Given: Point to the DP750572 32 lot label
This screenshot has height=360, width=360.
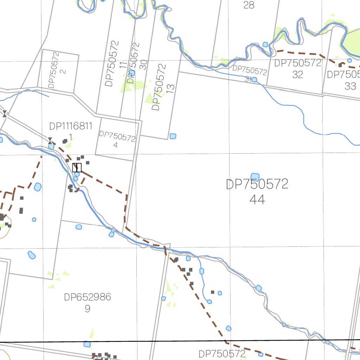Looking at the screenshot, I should [x=298, y=69].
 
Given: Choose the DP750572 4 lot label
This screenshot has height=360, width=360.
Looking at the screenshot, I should [x=117, y=140].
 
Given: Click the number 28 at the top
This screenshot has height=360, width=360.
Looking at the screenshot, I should [x=249, y=5].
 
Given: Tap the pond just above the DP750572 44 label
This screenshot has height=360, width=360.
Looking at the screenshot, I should [x=255, y=177].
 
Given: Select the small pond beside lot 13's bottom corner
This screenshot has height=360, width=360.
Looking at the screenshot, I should [x=173, y=136].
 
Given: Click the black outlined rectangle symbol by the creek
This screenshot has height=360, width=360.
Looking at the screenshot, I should [x=77, y=168].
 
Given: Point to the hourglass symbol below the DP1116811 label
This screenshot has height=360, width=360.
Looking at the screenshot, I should [x=50, y=141].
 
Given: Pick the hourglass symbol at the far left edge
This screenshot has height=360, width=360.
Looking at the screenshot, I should [x=5, y=114].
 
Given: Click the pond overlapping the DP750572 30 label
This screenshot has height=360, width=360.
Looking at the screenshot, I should [x=131, y=73].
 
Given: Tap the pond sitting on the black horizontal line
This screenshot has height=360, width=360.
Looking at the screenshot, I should [x=87, y=344].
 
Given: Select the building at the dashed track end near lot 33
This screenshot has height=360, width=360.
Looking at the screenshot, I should [x=340, y=65].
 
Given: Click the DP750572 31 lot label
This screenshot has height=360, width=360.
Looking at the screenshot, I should [x=250, y=73].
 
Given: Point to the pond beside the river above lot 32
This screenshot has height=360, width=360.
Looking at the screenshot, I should [x=265, y=44].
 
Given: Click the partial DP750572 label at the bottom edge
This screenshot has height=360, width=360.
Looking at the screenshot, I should [x=221, y=354].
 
